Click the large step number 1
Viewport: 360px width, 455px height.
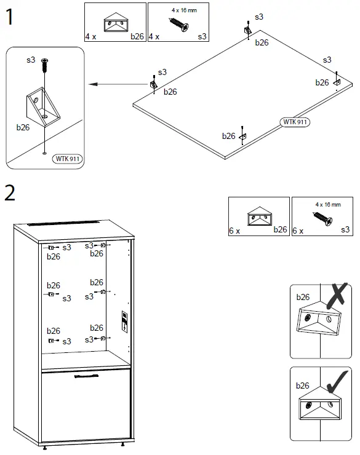[x=10, y=17]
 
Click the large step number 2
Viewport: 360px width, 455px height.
[x=10, y=192]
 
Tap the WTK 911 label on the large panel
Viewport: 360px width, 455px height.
[x=295, y=122]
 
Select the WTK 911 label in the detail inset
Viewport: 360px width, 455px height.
[x=68, y=159]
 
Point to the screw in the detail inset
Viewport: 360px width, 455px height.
[x=44, y=64]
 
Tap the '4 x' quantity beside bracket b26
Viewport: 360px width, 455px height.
[x=91, y=36]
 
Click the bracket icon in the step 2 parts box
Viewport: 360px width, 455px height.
[x=258, y=217]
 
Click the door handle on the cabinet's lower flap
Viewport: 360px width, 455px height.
[x=86, y=375]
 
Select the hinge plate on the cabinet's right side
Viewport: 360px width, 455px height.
[x=124, y=322]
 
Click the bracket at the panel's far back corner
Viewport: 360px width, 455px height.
[x=247, y=30]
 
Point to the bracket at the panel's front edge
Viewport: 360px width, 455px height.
[x=242, y=136]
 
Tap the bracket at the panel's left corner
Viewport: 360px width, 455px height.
[x=153, y=83]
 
